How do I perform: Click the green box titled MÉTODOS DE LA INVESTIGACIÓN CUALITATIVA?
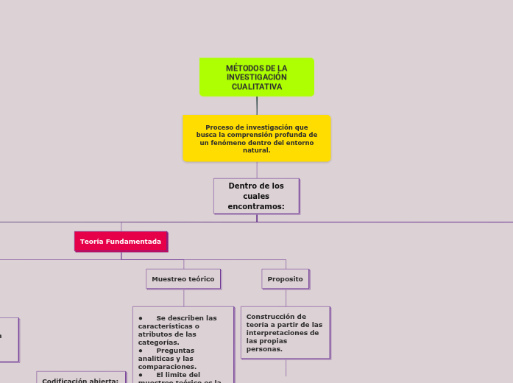click(x=256, y=77)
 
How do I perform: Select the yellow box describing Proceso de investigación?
click(x=256, y=138)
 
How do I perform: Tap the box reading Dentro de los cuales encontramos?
click(x=256, y=196)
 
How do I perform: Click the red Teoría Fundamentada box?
click(x=121, y=242)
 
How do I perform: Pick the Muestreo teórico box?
click(x=183, y=279)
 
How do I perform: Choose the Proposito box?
click(x=285, y=279)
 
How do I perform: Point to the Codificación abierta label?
click(x=80, y=380)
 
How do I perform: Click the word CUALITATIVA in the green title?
click(x=256, y=87)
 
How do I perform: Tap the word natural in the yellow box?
click(x=256, y=150)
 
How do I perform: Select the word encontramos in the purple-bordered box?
click(x=256, y=206)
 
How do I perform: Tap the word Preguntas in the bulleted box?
click(x=176, y=350)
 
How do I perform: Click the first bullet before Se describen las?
click(x=141, y=318)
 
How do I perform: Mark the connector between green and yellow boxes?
click(x=257, y=105)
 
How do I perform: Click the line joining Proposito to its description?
click(x=286, y=298)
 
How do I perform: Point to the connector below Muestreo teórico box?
click(x=183, y=298)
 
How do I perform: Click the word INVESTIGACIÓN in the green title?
click(x=256, y=77)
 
